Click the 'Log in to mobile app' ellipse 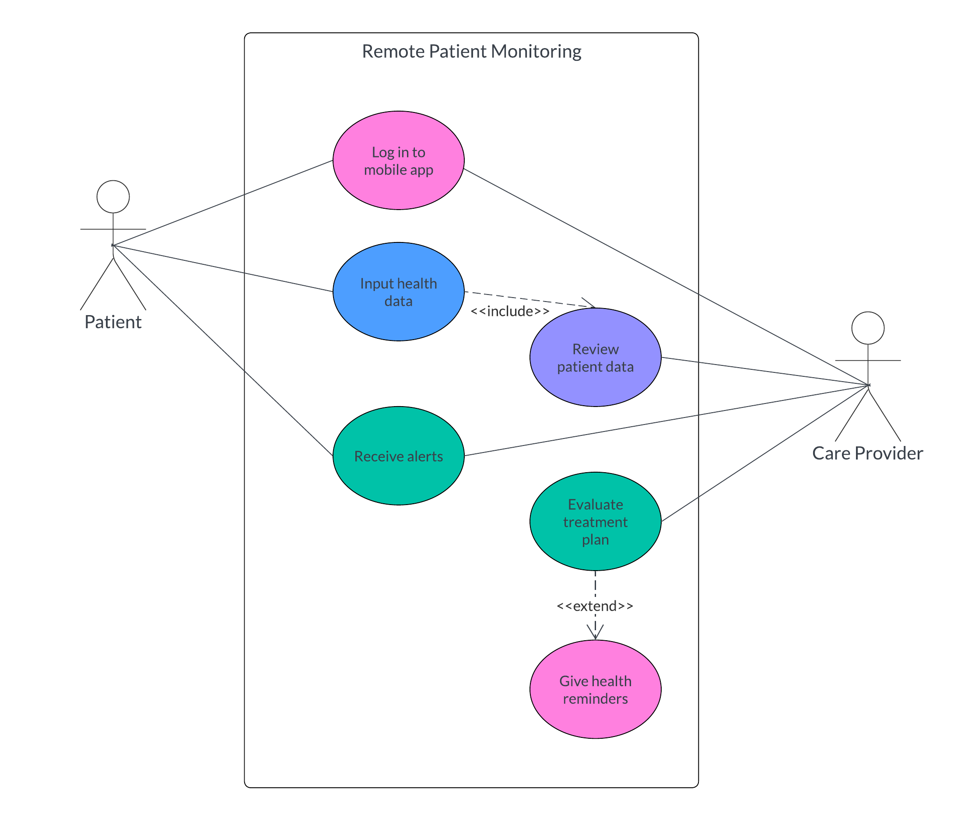tap(398, 160)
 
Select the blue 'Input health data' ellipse tap(398, 291)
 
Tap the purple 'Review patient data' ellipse tap(595, 358)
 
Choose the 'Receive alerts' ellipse tap(398, 456)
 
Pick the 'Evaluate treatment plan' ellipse tap(595, 522)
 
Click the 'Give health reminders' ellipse tap(595, 689)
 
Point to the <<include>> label tap(510, 311)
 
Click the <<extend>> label tap(595, 606)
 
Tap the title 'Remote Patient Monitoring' tap(471, 51)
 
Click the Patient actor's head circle tap(113, 196)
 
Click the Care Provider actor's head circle tap(868, 328)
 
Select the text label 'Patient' tap(113, 322)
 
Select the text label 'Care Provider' tap(867, 453)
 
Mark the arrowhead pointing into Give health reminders tap(595, 634)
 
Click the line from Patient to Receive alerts tap(223, 351)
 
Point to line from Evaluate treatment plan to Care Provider tap(763, 454)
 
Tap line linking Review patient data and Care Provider tap(763, 372)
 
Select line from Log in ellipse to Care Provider tap(666, 277)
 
